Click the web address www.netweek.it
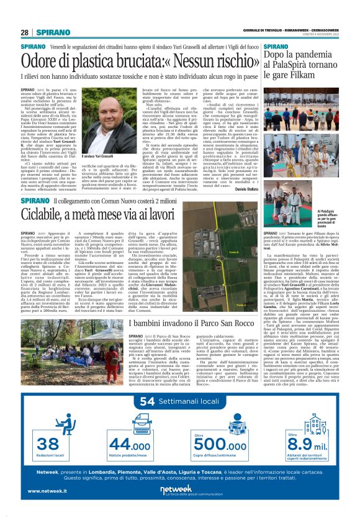[x=47, y=491]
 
